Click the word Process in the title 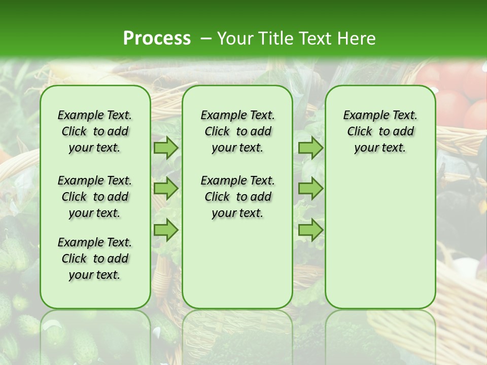pyautogui.click(x=157, y=39)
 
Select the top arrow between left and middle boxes pyautogui.click(x=166, y=148)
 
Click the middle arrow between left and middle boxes pyautogui.click(x=166, y=189)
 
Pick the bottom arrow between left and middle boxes pyautogui.click(x=166, y=230)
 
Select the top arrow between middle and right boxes pyautogui.click(x=310, y=148)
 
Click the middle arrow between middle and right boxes pyautogui.click(x=310, y=189)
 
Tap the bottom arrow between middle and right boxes pyautogui.click(x=310, y=230)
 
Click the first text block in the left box pyautogui.click(x=95, y=131)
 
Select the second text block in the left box pyautogui.click(x=95, y=197)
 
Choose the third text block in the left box pyautogui.click(x=95, y=259)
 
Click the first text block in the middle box pyautogui.click(x=237, y=131)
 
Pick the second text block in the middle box pyautogui.click(x=237, y=197)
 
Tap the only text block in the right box pyautogui.click(x=380, y=131)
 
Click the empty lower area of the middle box pyautogui.click(x=237, y=264)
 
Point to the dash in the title pyautogui.click(x=206, y=39)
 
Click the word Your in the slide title pyautogui.click(x=235, y=39)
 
